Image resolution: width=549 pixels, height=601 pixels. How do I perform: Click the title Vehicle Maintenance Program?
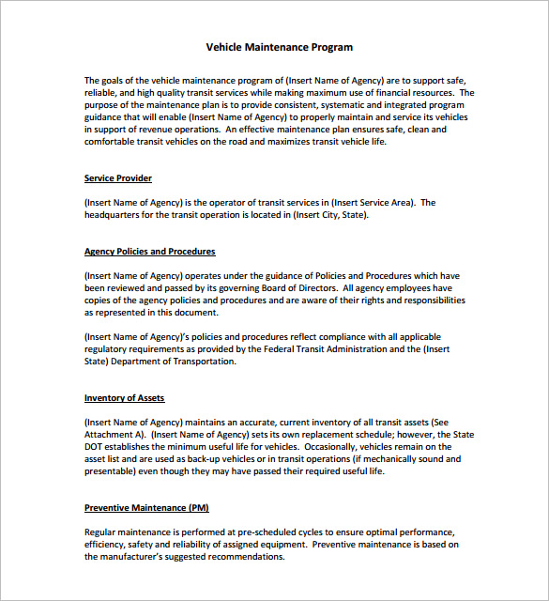[x=280, y=47]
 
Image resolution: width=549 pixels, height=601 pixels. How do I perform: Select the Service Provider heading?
[x=118, y=178]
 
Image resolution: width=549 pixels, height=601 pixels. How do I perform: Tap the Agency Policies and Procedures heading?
[x=150, y=252]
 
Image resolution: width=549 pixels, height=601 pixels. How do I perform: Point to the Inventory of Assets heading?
[x=124, y=398]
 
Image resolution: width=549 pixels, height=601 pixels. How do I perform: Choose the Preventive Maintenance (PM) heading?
[x=146, y=508]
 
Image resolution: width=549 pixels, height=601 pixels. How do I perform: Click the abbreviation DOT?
[x=95, y=447]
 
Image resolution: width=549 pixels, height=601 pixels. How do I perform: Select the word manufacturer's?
[x=132, y=557]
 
